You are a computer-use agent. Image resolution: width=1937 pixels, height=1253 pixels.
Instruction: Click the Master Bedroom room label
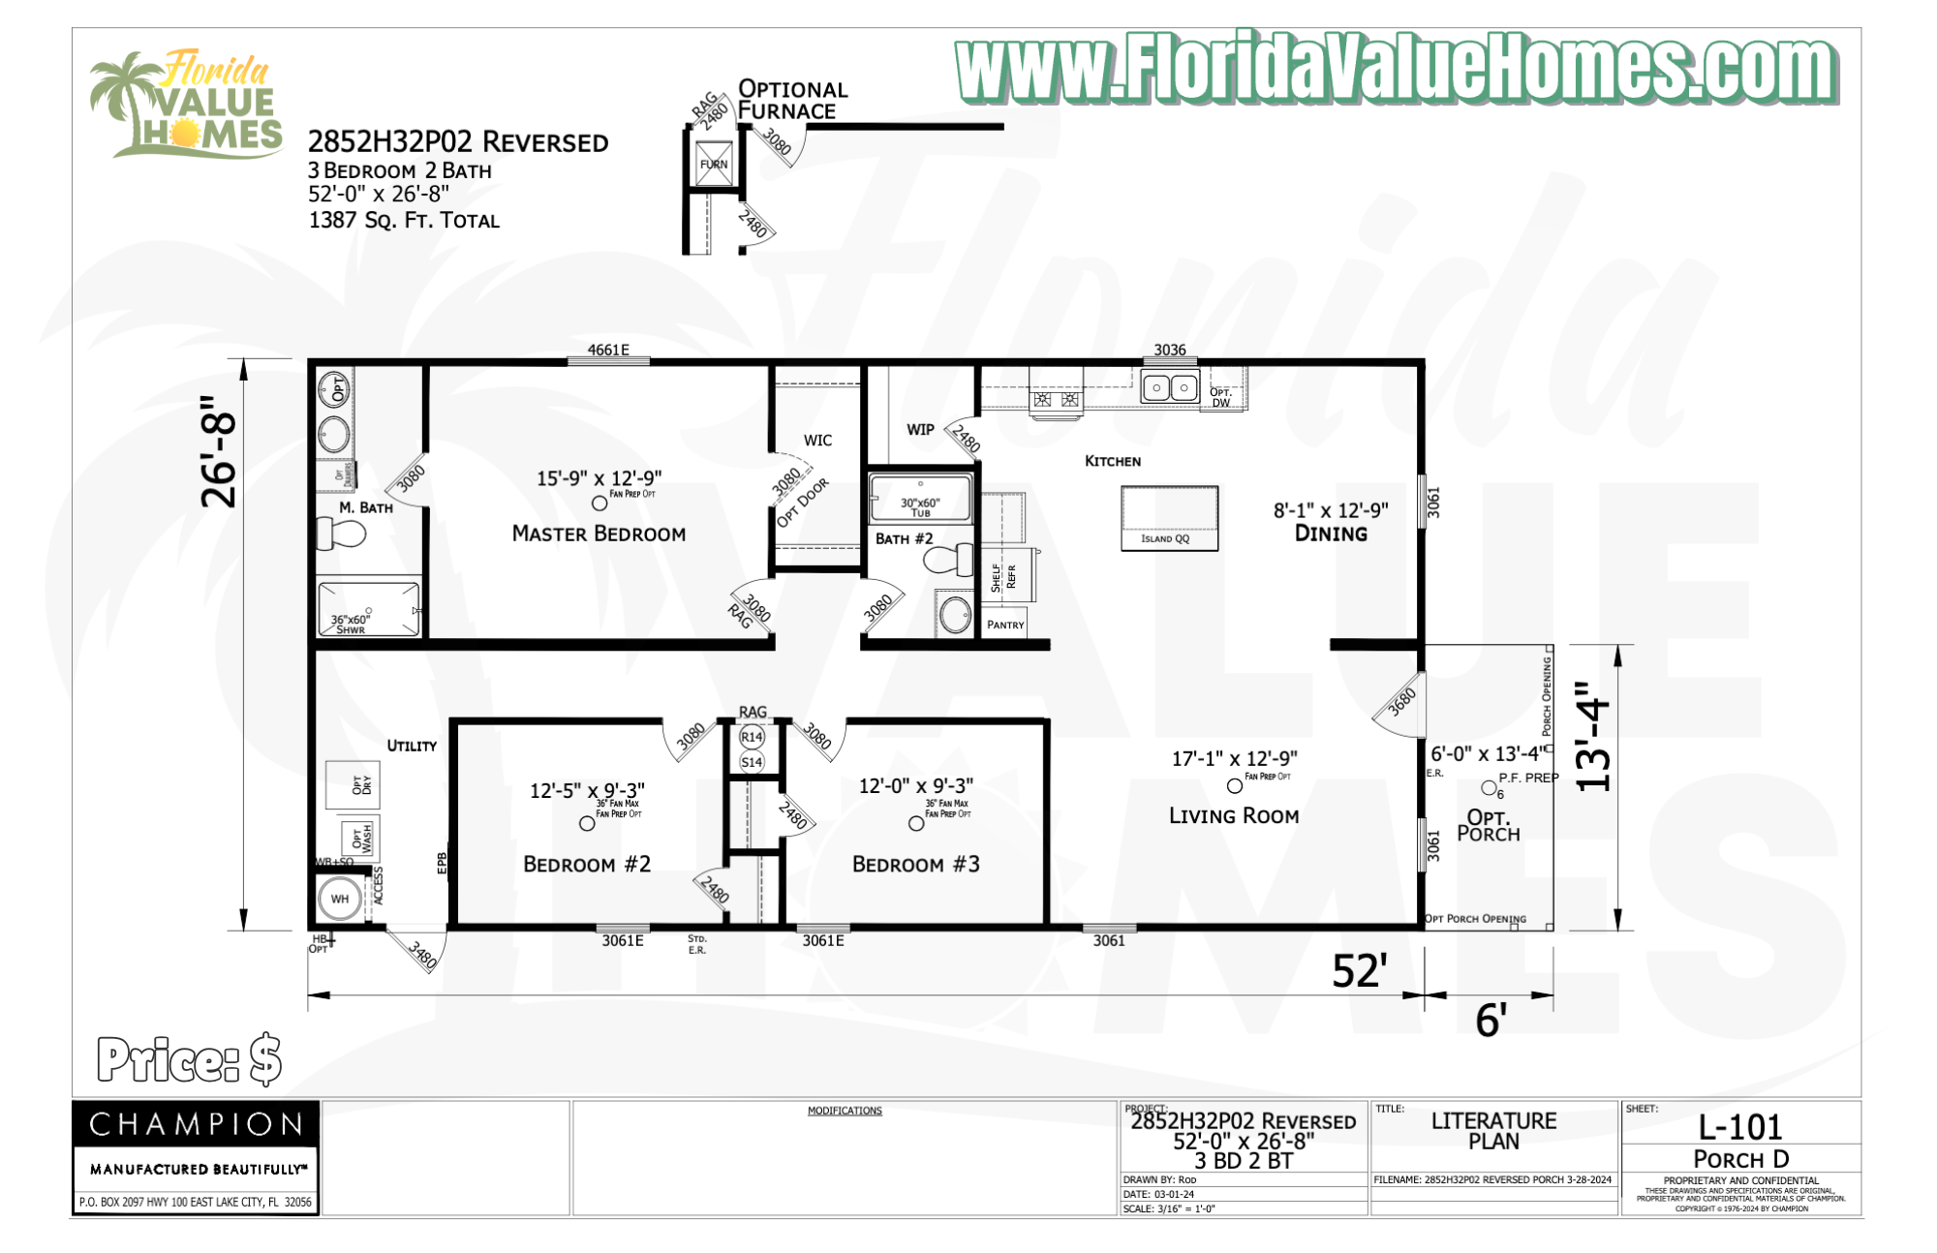tap(599, 534)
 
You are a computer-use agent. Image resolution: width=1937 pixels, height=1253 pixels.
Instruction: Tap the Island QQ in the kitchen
tap(1169, 518)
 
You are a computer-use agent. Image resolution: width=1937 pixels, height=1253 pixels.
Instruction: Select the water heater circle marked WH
tap(339, 899)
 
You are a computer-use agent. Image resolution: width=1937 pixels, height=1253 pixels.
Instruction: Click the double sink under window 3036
tap(1170, 387)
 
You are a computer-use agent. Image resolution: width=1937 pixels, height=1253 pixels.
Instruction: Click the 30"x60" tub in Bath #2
tap(920, 499)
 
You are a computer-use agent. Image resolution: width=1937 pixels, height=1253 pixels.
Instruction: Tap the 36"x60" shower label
tap(350, 625)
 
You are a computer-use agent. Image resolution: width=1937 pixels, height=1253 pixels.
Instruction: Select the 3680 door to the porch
tap(1400, 702)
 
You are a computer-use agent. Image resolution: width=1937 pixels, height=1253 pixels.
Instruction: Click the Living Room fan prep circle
tap(1234, 786)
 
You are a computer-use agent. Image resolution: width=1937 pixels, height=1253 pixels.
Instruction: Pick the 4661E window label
tap(608, 350)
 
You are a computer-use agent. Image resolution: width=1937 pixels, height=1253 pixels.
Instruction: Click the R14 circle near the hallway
tap(752, 737)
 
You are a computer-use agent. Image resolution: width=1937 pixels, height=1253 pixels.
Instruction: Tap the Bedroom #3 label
tap(915, 864)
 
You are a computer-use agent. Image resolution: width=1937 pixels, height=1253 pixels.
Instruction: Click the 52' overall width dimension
tap(1359, 971)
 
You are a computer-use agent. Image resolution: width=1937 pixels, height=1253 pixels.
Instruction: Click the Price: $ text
tap(189, 1059)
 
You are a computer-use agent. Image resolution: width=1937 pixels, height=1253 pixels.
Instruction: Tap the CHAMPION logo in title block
tap(196, 1124)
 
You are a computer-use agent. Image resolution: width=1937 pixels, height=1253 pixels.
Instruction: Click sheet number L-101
tap(1739, 1127)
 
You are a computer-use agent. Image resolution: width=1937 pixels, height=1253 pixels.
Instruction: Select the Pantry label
tap(1005, 625)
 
